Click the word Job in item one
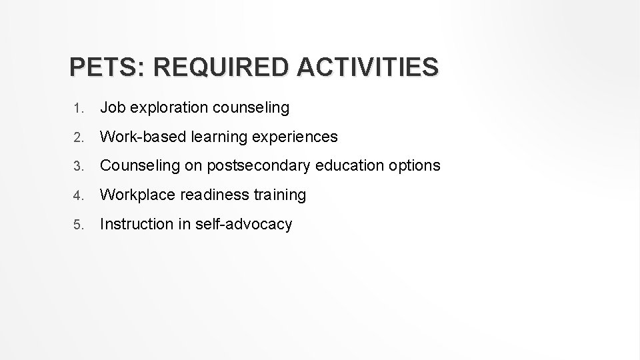[x=111, y=107]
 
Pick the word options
[x=417, y=166]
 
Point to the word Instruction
[x=136, y=224]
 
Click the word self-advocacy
[x=243, y=225]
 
